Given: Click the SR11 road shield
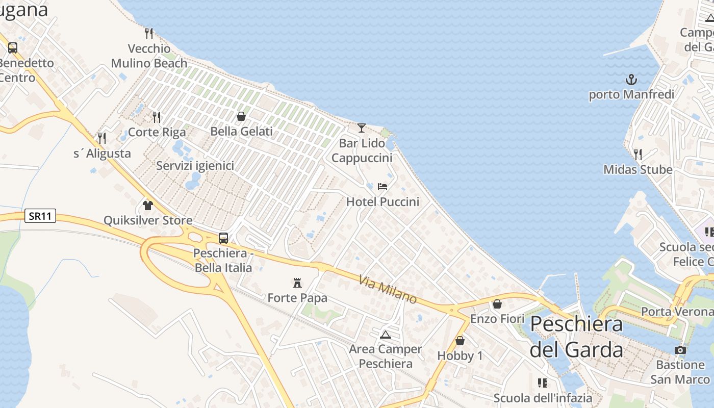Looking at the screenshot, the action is [40, 216].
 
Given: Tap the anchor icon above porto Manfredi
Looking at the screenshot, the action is [631, 80].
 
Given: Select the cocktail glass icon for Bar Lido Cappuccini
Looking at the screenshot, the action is [362, 128].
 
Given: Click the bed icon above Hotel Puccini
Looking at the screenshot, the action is [382, 187].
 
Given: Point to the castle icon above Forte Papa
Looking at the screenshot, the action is [297, 283].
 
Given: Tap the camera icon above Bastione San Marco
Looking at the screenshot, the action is [680, 350].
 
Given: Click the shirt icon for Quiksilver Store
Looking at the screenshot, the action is [148, 206].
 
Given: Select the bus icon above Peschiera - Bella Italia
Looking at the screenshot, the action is [223, 238].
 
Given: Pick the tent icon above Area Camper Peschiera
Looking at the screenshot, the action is [385, 335].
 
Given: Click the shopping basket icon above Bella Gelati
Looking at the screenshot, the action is [241, 116].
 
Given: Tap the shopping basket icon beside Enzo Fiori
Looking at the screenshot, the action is [497, 304].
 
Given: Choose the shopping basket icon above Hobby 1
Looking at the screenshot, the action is [460, 341].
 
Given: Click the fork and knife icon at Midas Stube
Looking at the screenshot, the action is [637, 154].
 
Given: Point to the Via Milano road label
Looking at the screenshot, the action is [388, 290].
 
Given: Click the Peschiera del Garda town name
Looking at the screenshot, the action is [576, 337].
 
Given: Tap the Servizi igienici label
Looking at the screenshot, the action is [195, 166].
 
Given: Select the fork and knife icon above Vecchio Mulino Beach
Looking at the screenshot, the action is [149, 34].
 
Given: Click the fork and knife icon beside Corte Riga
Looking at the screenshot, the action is [157, 117].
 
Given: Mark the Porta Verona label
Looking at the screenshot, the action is [677, 311].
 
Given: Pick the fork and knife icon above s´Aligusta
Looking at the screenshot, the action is [102, 138].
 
